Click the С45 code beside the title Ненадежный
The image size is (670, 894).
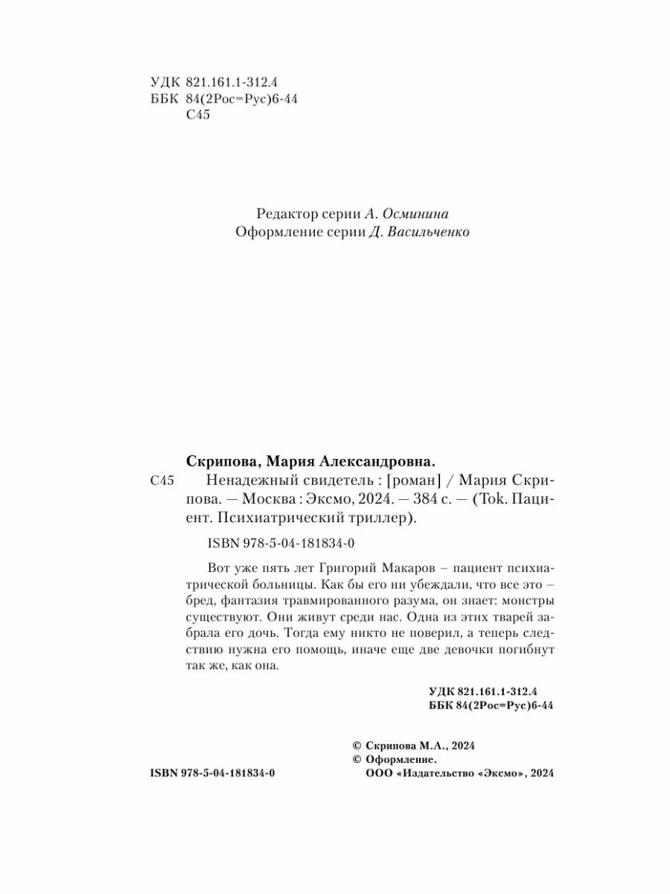162,481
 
